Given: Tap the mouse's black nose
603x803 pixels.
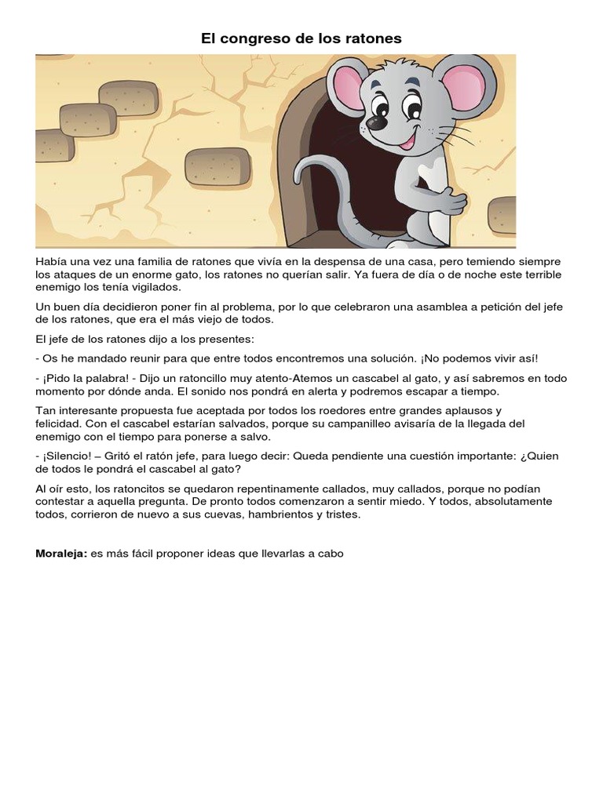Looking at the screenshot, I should pos(377,123).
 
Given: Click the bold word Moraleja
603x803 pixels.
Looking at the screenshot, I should pos(61,553).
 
